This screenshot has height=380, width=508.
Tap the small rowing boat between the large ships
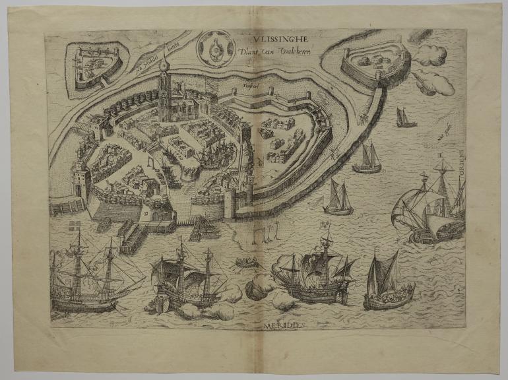pyautogui.click(x=246, y=263)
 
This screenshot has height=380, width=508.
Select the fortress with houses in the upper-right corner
pyautogui.click(x=373, y=63)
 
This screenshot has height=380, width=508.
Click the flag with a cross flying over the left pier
pyautogui.click(x=75, y=226)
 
